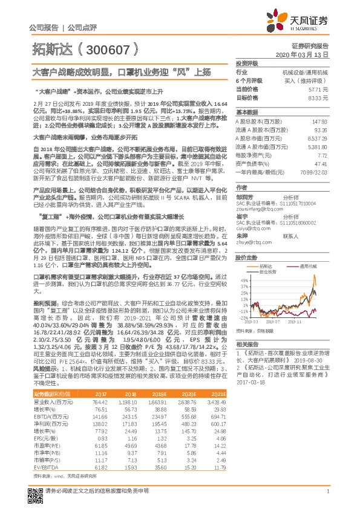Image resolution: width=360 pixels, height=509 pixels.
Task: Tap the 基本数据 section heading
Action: tap(247, 112)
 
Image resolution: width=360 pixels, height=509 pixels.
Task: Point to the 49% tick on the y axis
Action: tap(244, 280)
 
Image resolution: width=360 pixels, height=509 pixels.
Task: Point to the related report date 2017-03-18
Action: tap(251, 381)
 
